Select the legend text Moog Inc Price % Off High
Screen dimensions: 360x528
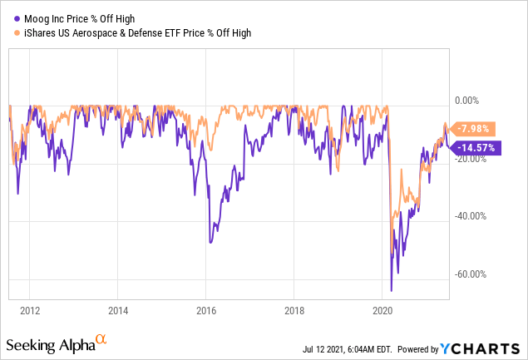coord(74,17)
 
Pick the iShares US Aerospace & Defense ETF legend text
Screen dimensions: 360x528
coord(133,32)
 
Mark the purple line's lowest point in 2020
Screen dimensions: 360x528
coord(391,290)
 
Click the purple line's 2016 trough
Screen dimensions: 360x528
coord(210,242)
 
